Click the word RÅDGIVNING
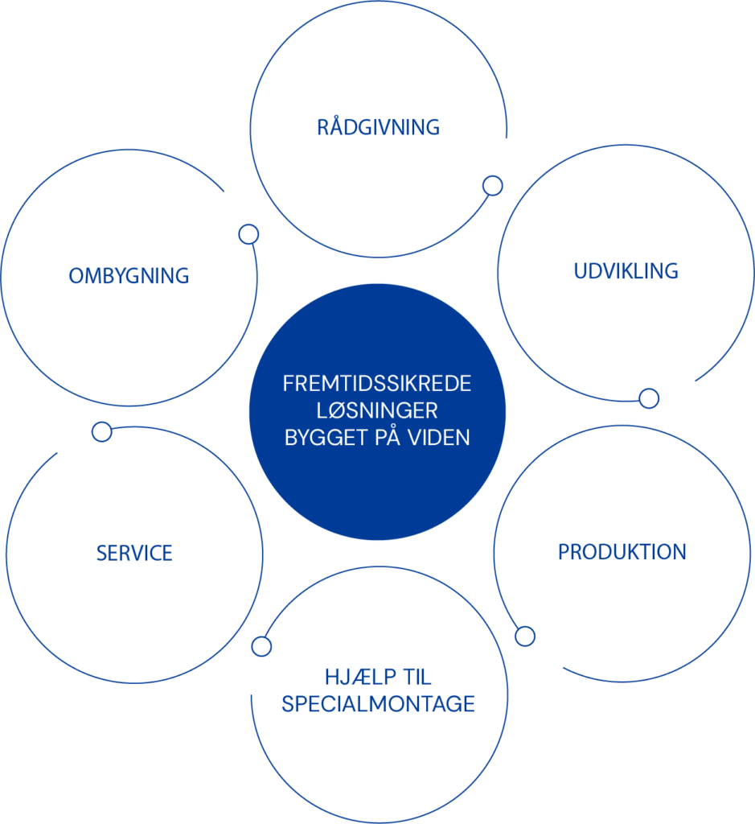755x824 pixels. click(378, 127)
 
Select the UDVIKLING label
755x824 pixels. click(626, 270)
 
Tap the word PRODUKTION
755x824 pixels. click(622, 552)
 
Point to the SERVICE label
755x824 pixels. click(134, 553)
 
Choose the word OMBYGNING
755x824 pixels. click(129, 275)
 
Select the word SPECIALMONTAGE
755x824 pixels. click(378, 703)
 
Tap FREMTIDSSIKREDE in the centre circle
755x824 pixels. click(377, 384)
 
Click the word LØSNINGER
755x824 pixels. click(377, 410)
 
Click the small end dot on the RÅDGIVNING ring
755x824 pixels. click(492, 186)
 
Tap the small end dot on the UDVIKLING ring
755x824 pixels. click(649, 398)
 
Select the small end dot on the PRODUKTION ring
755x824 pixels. click(524, 636)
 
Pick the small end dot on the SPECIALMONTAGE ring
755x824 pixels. click(261, 646)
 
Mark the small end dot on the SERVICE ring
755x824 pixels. click(101, 431)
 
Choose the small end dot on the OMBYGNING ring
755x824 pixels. click(248, 234)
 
